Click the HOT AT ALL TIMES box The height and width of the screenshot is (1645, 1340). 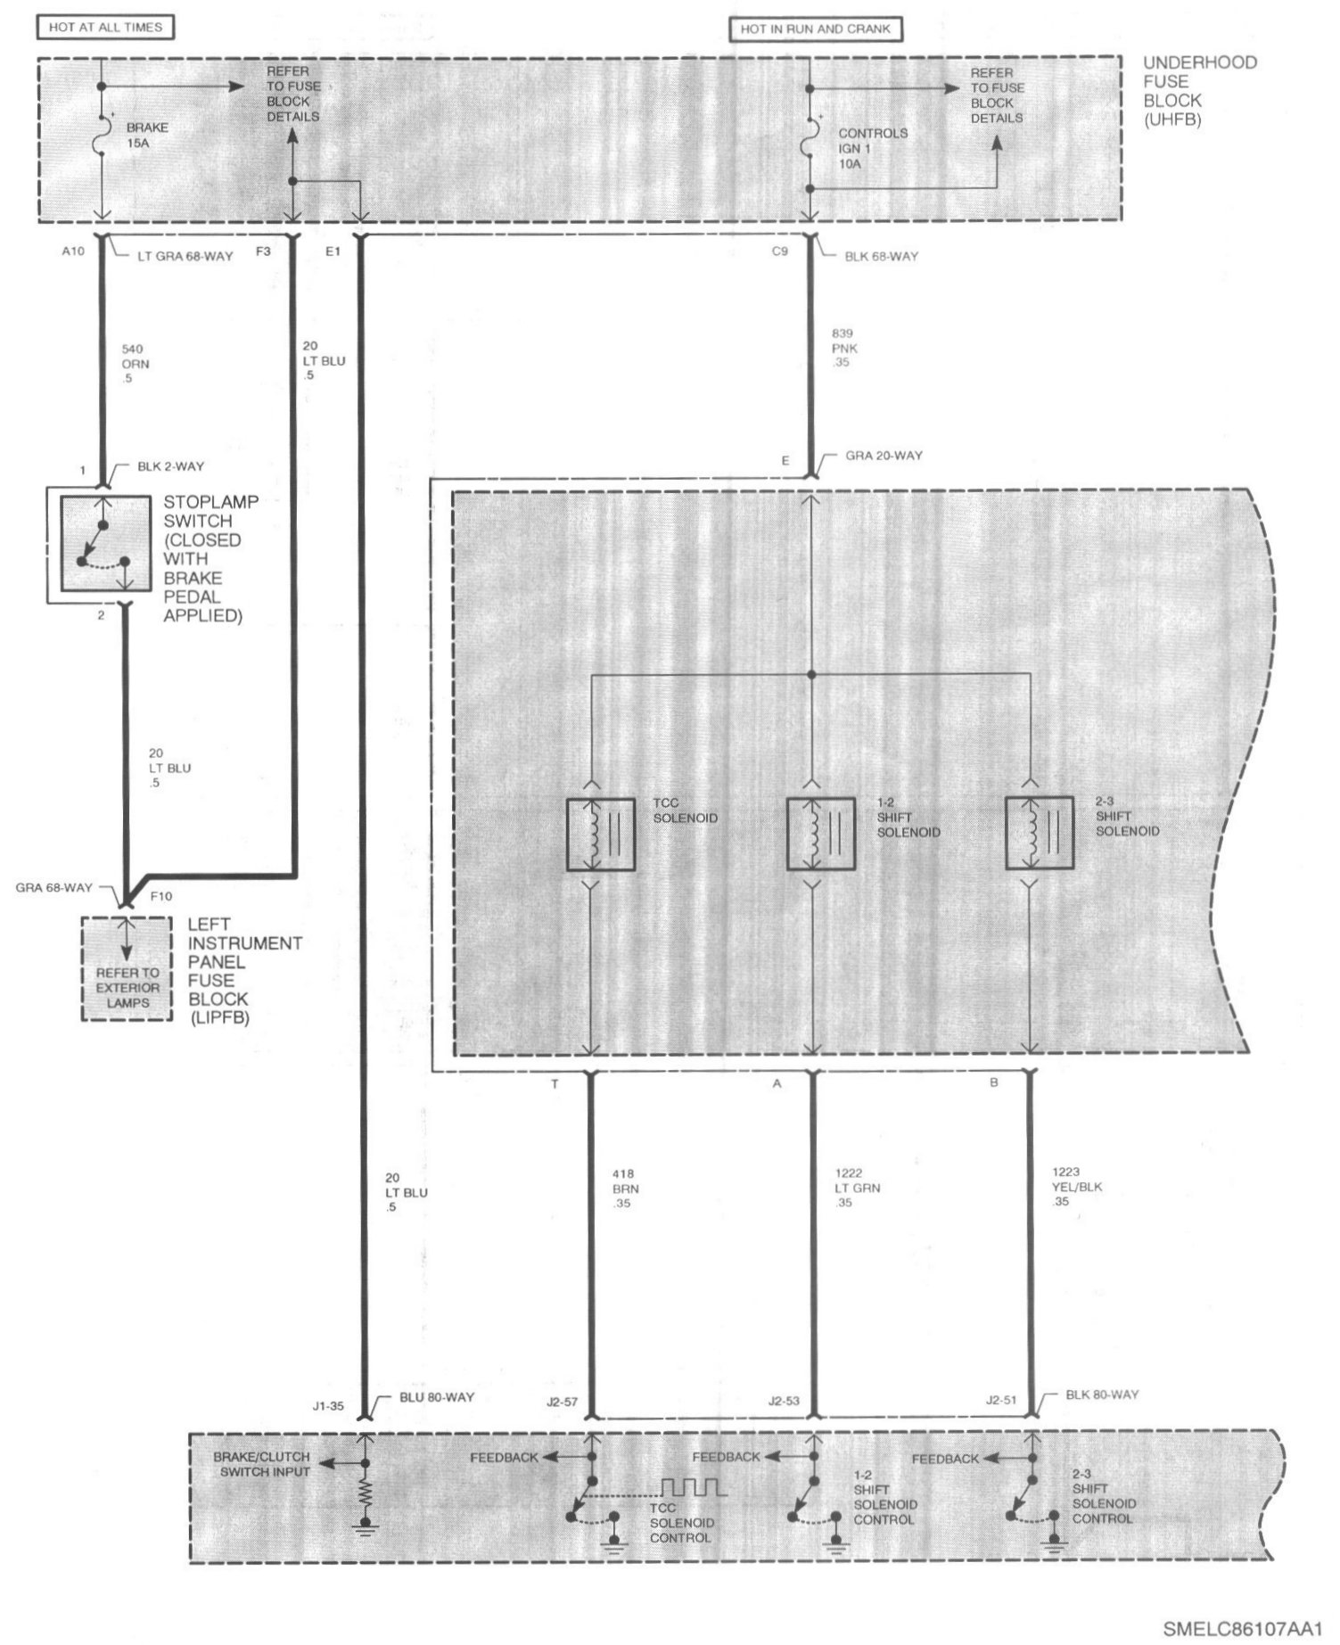tap(105, 28)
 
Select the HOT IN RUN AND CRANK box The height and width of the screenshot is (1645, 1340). tap(816, 29)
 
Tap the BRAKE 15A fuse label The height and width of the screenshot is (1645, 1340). tap(147, 135)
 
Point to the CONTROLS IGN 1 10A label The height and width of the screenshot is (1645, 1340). tap(873, 148)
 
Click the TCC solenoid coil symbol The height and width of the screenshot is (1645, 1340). tap(601, 835)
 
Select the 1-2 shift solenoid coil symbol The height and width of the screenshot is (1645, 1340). tap(820, 835)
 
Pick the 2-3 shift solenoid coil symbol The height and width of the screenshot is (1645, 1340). tap(1040, 833)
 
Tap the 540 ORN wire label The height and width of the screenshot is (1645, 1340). tap(136, 364)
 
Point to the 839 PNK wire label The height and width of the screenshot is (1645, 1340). tap(843, 349)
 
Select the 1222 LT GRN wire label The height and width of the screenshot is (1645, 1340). tap(849, 1188)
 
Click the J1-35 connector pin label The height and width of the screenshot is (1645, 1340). tap(328, 1406)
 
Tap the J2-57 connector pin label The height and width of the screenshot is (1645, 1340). tap(561, 1402)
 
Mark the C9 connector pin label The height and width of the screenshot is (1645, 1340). tap(779, 251)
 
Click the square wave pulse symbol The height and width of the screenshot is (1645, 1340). tap(694, 1486)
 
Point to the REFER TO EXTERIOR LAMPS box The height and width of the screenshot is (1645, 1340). tap(127, 969)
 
